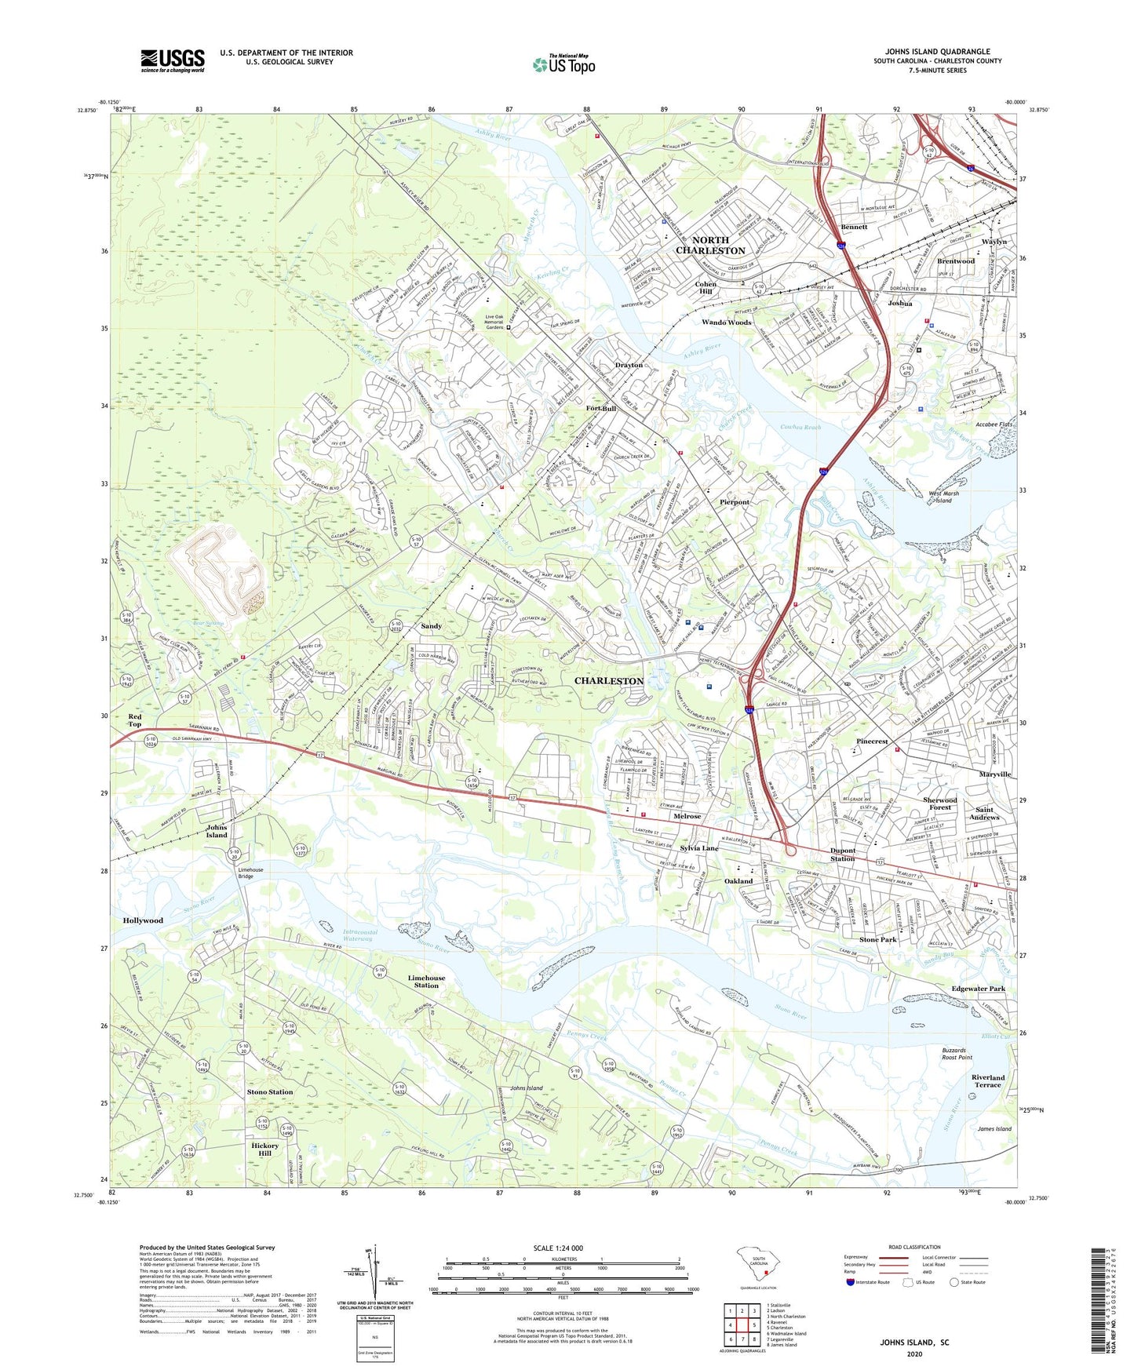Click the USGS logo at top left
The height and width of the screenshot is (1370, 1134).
tap(173, 60)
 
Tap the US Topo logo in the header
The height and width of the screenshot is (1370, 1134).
tap(563, 64)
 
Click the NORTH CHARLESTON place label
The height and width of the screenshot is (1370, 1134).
tap(710, 246)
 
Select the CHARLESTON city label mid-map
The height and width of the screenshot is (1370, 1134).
tap(609, 681)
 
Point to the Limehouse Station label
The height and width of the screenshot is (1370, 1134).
tap(426, 982)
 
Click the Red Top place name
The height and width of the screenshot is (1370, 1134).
tap(135, 720)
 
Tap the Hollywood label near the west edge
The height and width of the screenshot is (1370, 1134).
tap(143, 920)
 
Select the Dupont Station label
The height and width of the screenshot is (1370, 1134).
tap(842, 854)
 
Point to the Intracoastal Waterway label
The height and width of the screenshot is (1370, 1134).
tap(360, 935)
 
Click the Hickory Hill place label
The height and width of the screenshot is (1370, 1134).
tap(265, 1150)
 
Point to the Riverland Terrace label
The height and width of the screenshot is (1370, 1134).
tap(987, 1081)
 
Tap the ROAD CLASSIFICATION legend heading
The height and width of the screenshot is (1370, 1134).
tap(914, 1247)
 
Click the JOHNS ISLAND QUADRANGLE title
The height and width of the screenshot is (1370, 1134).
tap(937, 52)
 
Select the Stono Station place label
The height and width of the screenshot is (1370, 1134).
tap(270, 1092)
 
